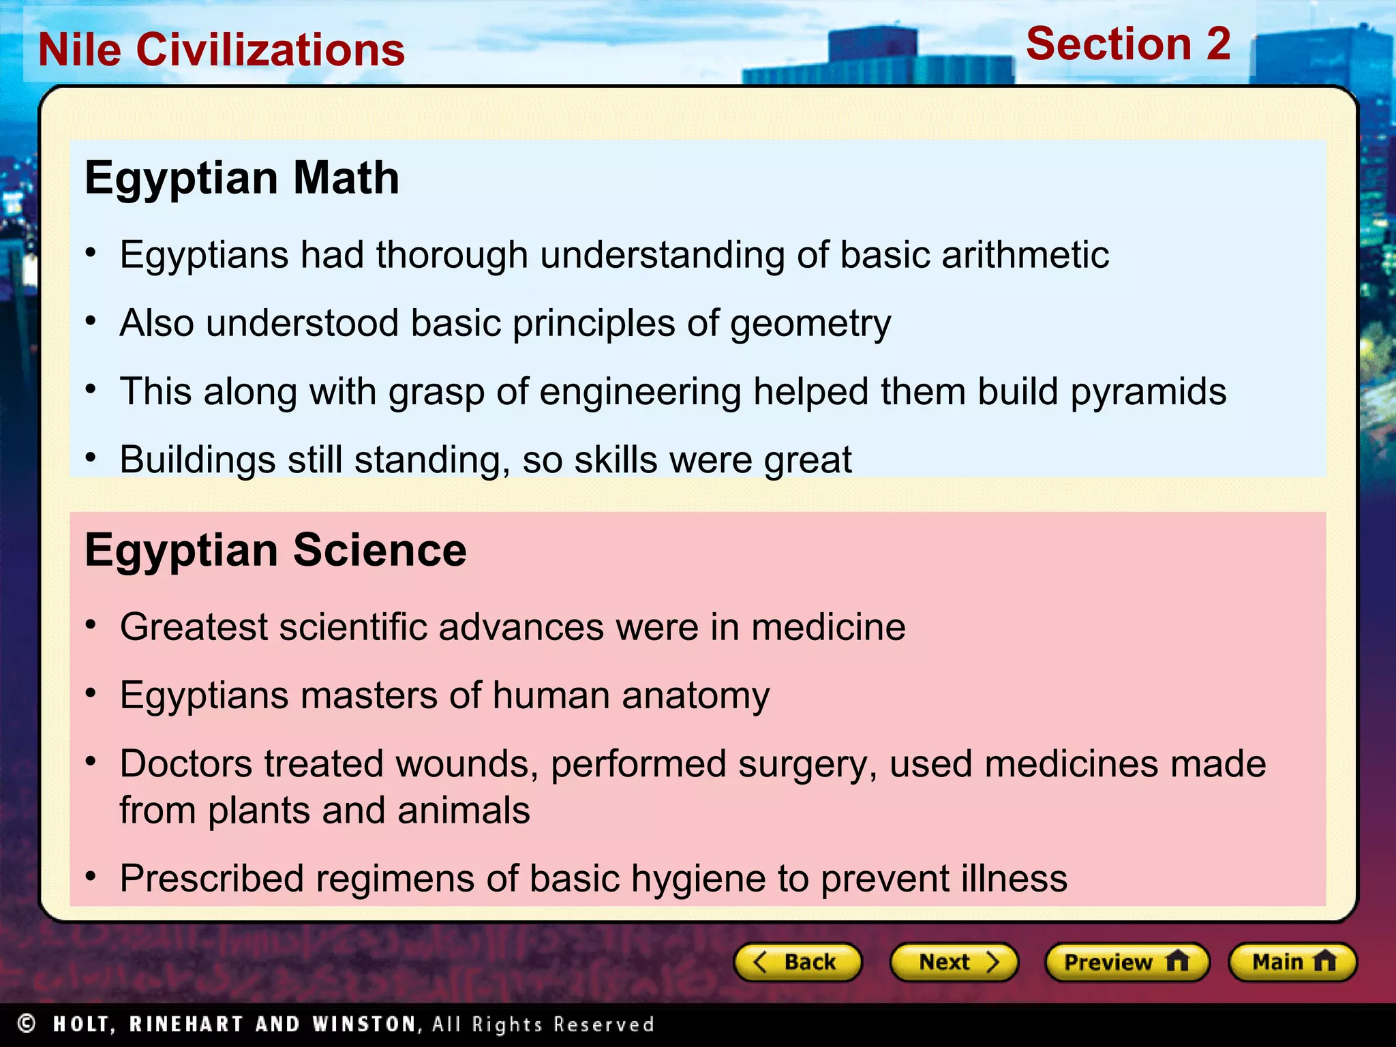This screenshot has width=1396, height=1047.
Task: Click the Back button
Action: coord(798,962)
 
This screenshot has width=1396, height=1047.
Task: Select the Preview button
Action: coord(1127,962)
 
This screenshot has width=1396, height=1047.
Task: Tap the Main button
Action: coord(1292,962)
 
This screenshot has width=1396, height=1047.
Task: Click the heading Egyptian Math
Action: coord(242,178)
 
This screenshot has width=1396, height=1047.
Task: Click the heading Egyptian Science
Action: coord(275,550)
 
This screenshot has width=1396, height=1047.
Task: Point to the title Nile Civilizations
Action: coord(222,50)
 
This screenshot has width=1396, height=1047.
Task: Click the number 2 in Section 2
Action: coord(1217,44)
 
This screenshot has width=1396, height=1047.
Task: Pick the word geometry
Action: coord(810,324)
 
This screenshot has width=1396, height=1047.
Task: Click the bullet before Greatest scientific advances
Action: coord(91,625)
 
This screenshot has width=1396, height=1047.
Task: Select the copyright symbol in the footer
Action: coord(27,1023)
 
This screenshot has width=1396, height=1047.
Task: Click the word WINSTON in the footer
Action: coord(364,1024)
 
